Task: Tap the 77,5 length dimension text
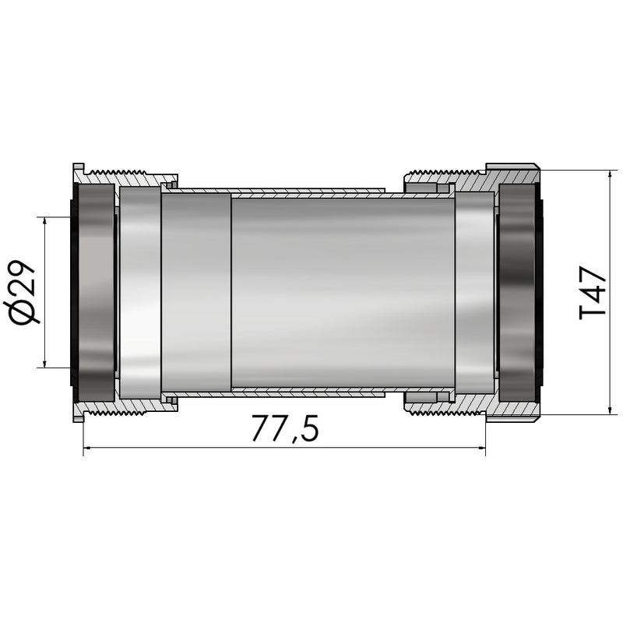[x=285, y=429]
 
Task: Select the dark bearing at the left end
[x=94, y=291]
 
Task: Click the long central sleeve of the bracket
[x=343, y=291]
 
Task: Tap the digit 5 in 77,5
[x=308, y=429]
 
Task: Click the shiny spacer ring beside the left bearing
[x=140, y=291]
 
